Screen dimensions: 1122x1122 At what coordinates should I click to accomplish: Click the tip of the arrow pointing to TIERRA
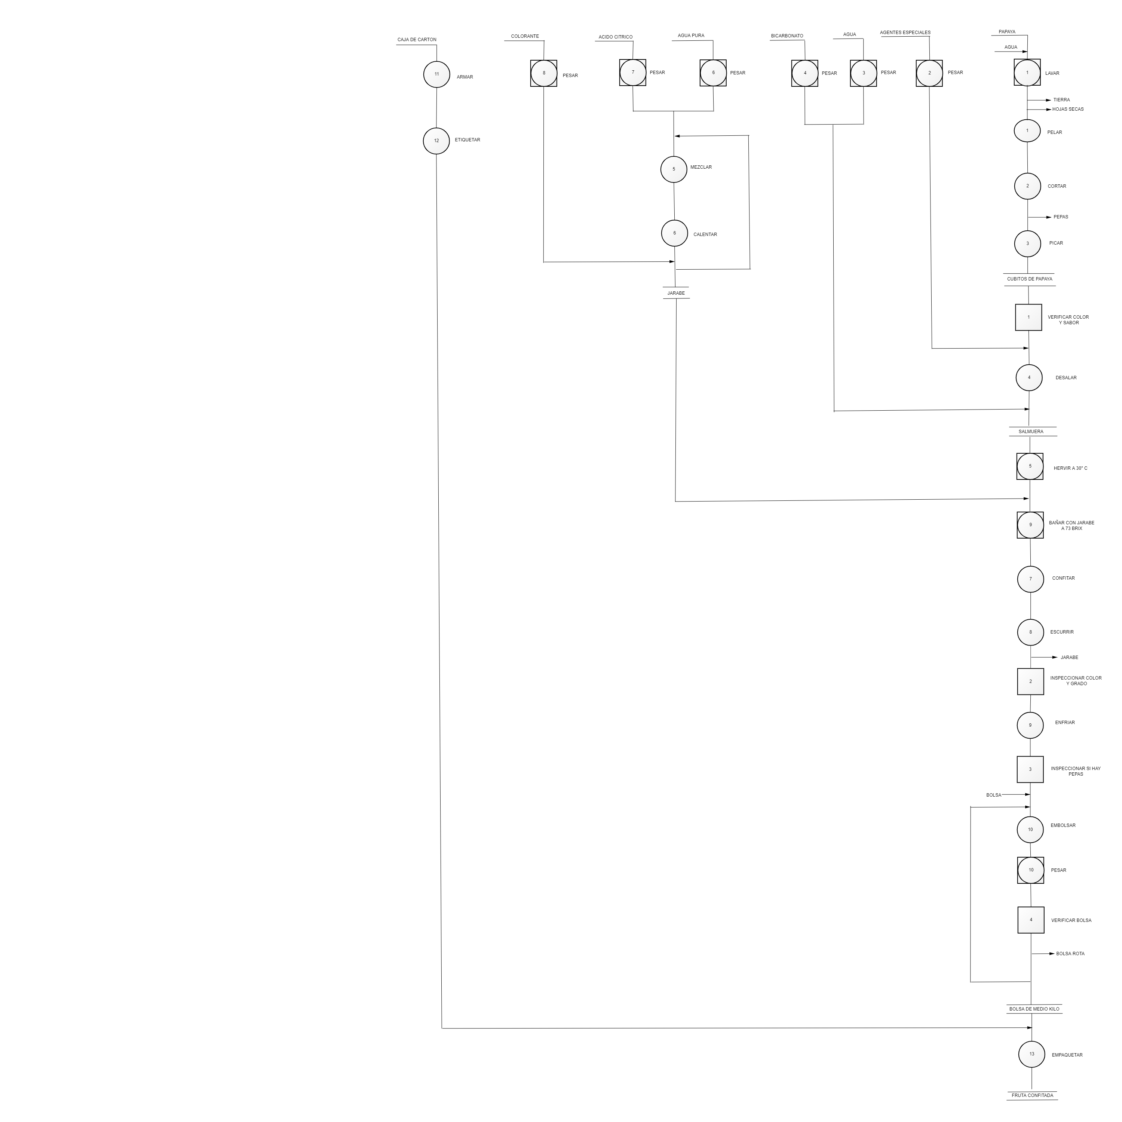coord(1051,100)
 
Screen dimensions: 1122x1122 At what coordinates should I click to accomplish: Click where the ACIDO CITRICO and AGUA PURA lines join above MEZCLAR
coord(674,111)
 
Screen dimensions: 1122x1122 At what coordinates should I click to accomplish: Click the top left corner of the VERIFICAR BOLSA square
coord(1018,907)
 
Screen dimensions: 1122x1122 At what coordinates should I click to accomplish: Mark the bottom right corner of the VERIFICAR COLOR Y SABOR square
coord(1042,331)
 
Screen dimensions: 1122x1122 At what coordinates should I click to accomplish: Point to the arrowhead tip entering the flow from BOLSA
coord(1030,794)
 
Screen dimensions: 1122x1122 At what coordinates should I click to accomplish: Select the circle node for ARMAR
coord(437,74)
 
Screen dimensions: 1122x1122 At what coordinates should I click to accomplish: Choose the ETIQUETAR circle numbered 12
coord(436,141)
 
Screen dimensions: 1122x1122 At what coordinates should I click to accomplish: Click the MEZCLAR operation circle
coord(674,169)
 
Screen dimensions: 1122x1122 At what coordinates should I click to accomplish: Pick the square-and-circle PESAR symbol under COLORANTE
coord(543,73)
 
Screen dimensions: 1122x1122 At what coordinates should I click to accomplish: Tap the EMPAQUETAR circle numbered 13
coord(1032,1070)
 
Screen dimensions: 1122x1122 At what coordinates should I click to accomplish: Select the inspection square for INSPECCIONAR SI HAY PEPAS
coord(1030,769)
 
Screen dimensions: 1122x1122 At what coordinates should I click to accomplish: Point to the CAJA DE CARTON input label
coord(417,40)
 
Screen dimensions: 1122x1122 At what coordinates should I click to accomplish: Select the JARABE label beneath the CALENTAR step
coord(676,293)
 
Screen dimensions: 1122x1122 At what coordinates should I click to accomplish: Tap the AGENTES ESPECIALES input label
coord(905,33)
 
